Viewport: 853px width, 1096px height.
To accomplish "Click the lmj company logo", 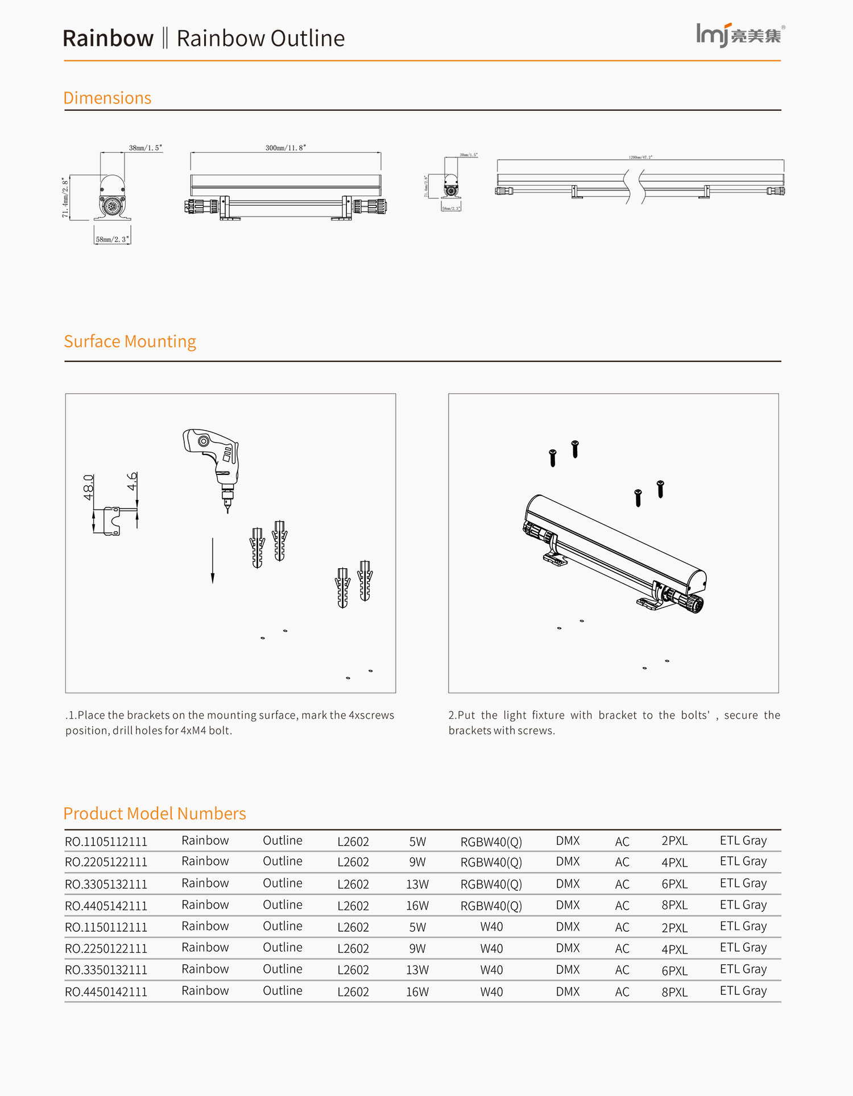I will [x=739, y=35].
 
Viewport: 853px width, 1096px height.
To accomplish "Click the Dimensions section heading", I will [x=107, y=98].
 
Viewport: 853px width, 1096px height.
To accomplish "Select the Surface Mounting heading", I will [x=130, y=341].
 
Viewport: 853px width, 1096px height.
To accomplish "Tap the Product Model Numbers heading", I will [x=155, y=813].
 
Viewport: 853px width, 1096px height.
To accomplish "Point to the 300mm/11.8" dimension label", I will [x=285, y=148].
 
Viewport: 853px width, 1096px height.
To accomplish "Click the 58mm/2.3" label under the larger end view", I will [x=112, y=239].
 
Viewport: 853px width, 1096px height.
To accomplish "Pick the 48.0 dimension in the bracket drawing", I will [x=89, y=487].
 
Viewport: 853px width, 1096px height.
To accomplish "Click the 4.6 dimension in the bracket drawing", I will [x=132, y=481].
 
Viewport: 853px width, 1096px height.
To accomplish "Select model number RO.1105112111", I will [x=106, y=841].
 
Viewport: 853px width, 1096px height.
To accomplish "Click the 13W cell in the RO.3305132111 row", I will [x=417, y=884].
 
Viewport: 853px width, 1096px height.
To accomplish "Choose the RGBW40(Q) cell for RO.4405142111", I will [x=491, y=906].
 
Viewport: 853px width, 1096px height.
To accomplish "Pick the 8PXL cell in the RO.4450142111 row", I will [x=674, y=992].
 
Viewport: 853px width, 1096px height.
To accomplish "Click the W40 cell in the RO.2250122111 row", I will [x=491, y=948].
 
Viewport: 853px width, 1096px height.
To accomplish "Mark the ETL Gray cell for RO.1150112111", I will [x=743, y=926].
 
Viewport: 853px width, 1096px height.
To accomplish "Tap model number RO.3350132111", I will [x=106, y=970].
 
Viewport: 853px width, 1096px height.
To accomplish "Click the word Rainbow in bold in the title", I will [x=108, y=38].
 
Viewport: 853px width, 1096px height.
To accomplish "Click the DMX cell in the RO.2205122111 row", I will [x=568, y=862].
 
